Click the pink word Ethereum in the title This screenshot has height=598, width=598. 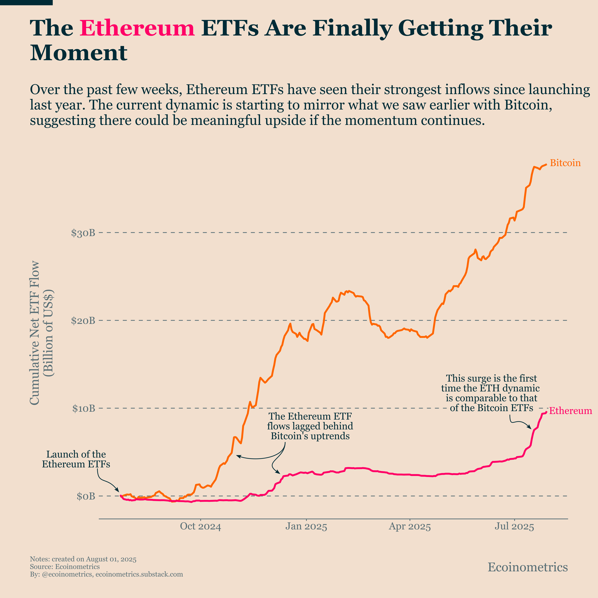click(x=137, y=28)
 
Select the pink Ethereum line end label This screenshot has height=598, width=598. click(x=570, y=411)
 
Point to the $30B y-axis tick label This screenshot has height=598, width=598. click(x=83, y=233)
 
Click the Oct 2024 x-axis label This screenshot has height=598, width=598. click(x=201, y=526)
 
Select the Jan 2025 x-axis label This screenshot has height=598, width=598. click(x=306, y=526)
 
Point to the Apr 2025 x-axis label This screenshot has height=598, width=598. click(x=410, y=526)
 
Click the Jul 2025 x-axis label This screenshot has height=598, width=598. click(x=514, y=526)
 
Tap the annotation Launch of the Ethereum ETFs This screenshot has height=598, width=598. click(x=76, y=459)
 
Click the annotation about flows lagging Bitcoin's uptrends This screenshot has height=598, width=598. click(x=310, y=426)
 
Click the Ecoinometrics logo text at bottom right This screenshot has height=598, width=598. click(x=528, y=567)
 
